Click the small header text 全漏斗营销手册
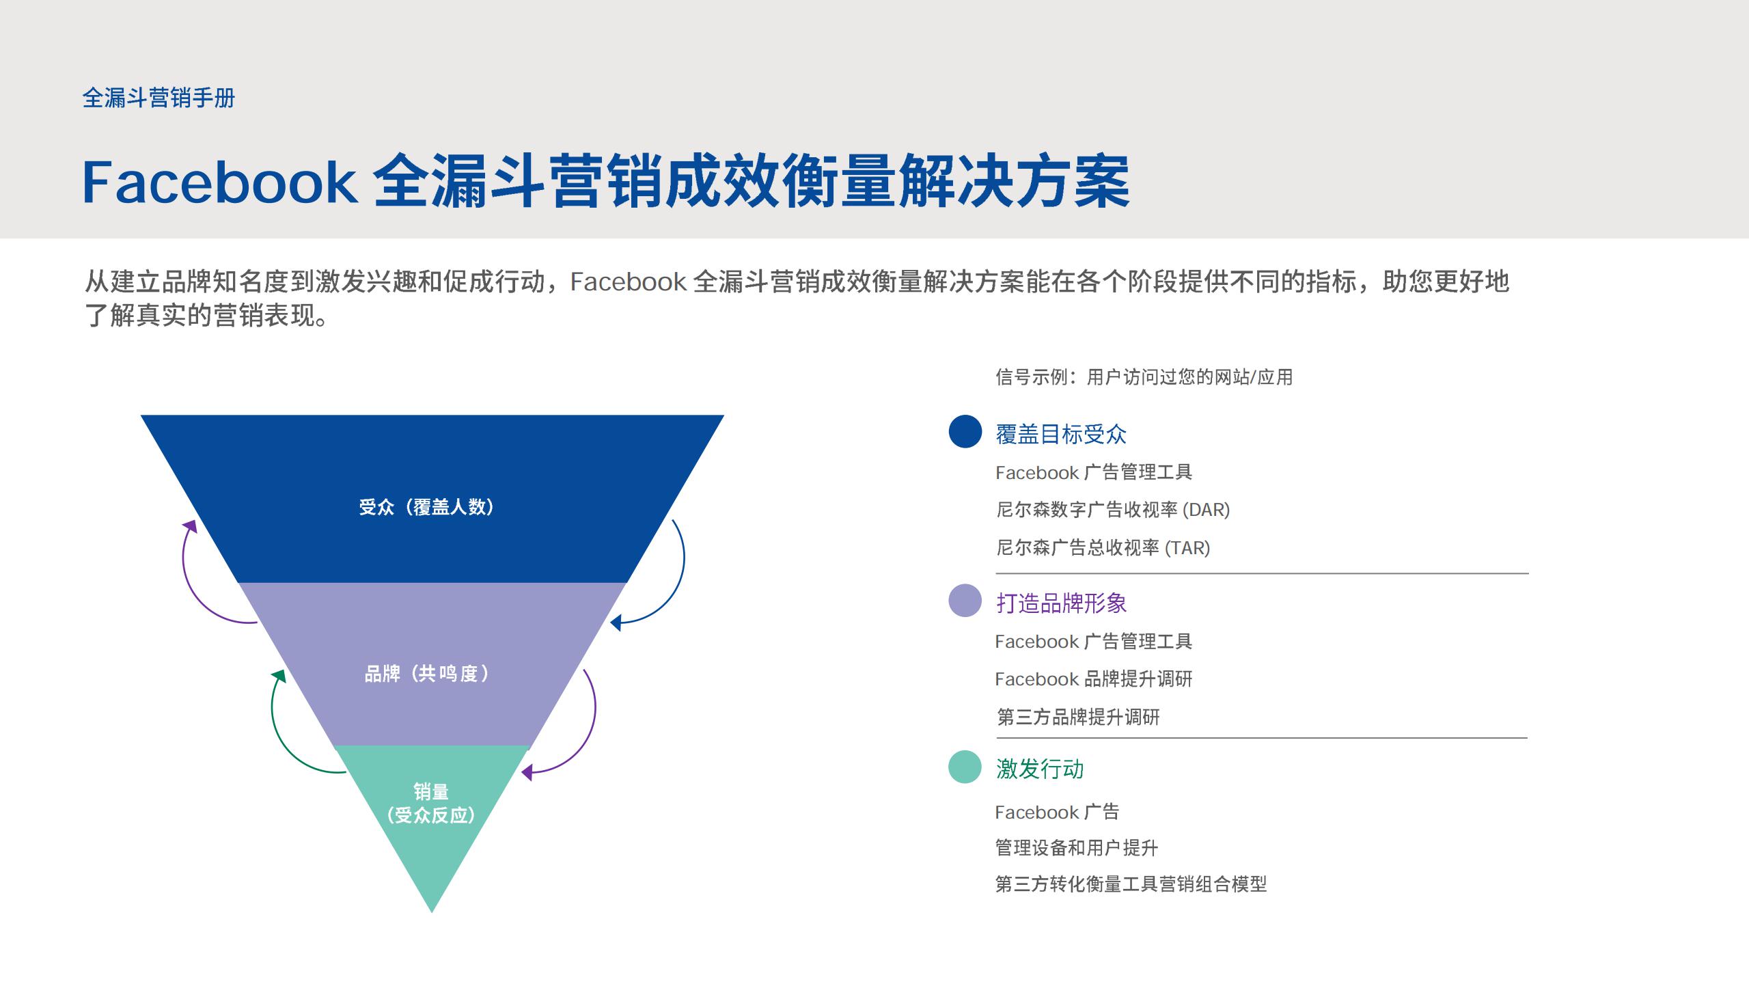coord(159,98)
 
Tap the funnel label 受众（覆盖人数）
coord(426,507)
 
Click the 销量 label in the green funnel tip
coord(431,792)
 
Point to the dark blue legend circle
coord(965,432)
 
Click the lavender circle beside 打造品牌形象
coord(965,601)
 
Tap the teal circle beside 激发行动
coord(965,767)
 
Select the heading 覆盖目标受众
coord(1060,435)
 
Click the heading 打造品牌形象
coord(1061,603)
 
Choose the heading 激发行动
coord(1040,769)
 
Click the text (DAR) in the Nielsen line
coord(1206,510)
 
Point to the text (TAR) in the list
coord(1187,548)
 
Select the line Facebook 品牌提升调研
coord(1093,679)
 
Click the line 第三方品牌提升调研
coord(1078,717)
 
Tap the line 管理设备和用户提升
coord(1077,848)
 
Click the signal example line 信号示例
coord(1144,377)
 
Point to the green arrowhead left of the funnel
coord(279,676)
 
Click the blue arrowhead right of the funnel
coord(616,623)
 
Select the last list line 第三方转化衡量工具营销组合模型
coord(1131,884)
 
